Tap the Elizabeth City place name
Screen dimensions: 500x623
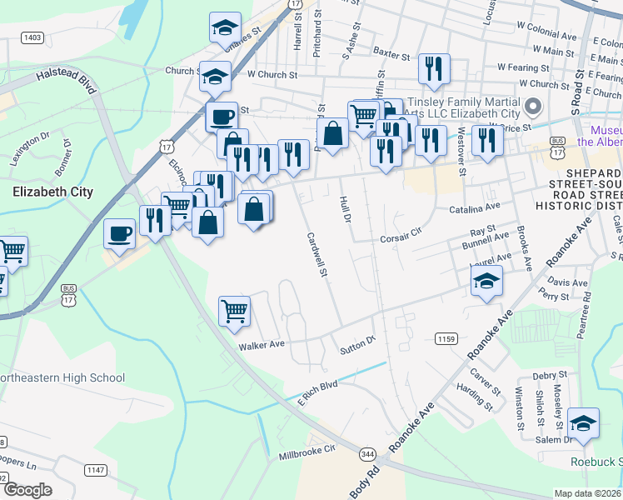coord(52,192)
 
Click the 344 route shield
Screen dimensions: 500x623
coord(367,454)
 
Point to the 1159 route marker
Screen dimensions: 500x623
coord(446,337)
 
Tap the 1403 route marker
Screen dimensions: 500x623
coord(33,37)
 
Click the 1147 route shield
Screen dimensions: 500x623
coord(95,471)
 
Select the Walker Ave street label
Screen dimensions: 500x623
coord(262,344)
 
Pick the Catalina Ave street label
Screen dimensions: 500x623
coord(474,207)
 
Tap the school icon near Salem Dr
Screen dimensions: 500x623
coord(583,422)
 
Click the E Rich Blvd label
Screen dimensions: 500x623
coord(317,393)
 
